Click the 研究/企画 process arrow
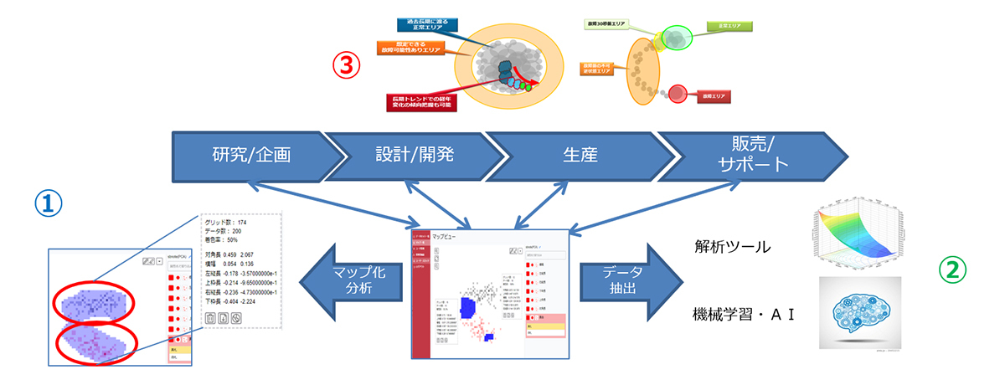(x=251, y=156)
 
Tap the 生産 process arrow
(x=578, y=156)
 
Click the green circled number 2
(x=953, y=269)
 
